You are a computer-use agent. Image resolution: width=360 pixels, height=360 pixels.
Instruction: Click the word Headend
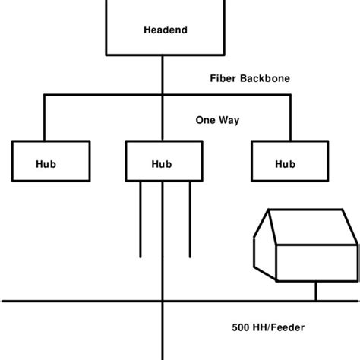tap(165, 30)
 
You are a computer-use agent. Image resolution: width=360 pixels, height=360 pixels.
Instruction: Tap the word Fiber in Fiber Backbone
tap(224, 78)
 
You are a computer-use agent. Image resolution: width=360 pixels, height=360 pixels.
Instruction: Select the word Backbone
tap(266, 78)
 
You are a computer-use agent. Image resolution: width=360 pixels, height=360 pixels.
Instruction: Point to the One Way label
tap(218, 118)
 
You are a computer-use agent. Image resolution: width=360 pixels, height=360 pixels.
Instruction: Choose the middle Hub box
tap(163, 163)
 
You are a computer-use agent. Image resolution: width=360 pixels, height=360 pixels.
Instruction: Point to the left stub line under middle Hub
tap(140, 220)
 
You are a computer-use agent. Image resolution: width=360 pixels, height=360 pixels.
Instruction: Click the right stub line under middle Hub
tap(188, 220)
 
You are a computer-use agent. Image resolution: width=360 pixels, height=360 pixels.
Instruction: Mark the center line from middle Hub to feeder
tap(163, 243)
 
